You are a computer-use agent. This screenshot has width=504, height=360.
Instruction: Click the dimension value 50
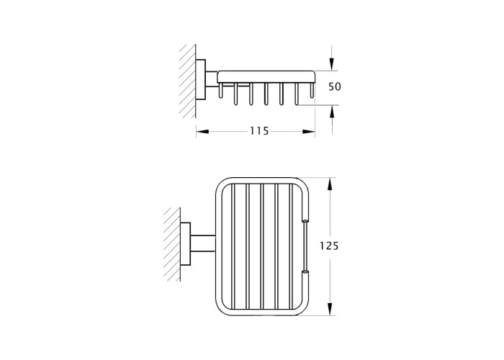(x=335, y=87)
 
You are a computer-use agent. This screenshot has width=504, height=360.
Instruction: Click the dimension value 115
(x=259, y=131)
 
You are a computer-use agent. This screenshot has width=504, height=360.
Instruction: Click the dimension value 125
(x=330, y=246)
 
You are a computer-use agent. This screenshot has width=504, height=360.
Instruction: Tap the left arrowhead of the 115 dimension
(x=202, y=132)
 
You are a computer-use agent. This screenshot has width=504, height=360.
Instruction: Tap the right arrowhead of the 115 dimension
(x=309, y=132)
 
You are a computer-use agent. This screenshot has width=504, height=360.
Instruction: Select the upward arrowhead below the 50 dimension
(x=332, y=112)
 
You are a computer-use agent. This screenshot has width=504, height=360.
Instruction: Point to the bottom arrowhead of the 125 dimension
(x=330, y=309)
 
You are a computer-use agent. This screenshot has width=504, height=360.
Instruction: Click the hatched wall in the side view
(x=188, y=81)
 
